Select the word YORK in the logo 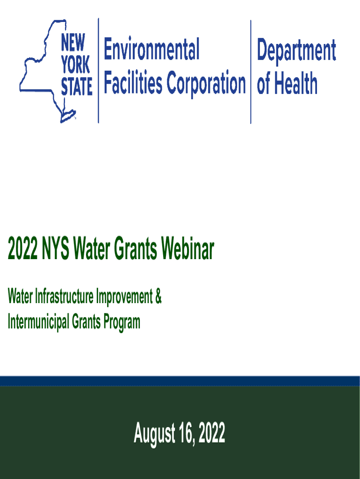click(x=75, y=66)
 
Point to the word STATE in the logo click(x=77, y=87)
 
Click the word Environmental click(x=151, y=50)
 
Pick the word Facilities click(x=133, y=84)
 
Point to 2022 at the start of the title click(x=22, y=251)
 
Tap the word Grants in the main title click(x=137, y=251)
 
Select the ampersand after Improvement click(x=158, y=297)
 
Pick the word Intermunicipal click(x=38, y=322)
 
